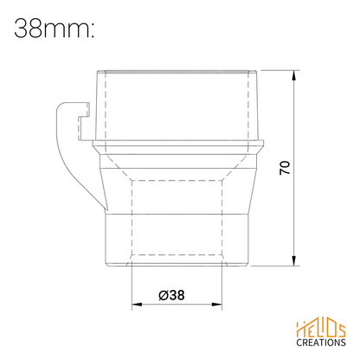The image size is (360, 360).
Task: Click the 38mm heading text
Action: (54, 29)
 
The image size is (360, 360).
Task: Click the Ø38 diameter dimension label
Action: (171, 295)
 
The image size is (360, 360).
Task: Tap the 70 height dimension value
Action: (285, 168)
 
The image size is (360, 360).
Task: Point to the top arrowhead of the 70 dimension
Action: (294, 75)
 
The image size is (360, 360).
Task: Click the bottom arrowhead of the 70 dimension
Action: (294, 260)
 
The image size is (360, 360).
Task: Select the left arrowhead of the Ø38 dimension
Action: (137, 305)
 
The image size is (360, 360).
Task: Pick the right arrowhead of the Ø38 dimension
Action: (217, 305)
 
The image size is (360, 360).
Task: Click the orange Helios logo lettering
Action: (321, 329)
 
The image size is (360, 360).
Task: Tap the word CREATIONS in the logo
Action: (321, 343)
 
